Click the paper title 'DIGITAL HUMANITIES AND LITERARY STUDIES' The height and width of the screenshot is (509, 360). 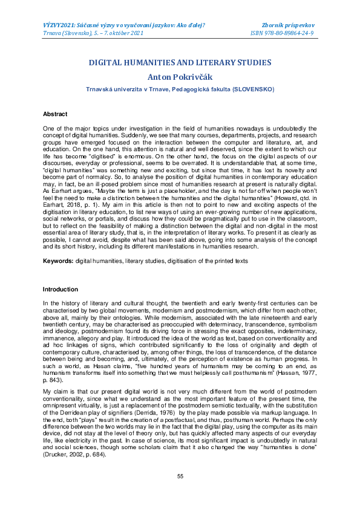180,62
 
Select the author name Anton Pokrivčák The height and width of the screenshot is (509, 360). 180,77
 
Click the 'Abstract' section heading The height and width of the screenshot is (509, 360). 55,114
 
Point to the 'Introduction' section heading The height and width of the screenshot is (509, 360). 60,290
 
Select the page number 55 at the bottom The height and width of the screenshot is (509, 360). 180,477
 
